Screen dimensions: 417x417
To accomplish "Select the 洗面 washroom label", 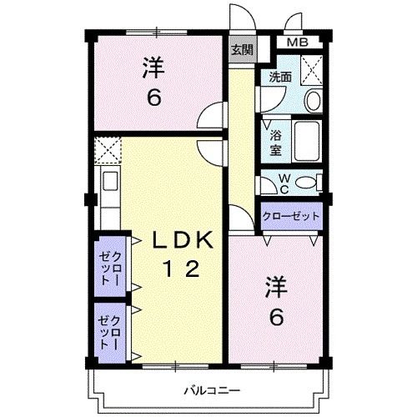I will click(x=279, y=77).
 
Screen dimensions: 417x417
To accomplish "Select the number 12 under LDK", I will click(x=181, y=269).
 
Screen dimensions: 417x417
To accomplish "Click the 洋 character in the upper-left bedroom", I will click(x=153, y=65).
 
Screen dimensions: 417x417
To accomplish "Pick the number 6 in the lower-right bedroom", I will click(x=275, y=318).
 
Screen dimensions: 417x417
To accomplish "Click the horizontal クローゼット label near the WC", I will click(x=291, y=216).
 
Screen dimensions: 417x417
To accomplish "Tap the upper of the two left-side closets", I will click(x=111, y=268).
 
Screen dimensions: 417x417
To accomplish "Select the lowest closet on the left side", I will click(x=111, y=333).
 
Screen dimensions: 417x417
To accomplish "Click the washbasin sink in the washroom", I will click(x=312, y=101).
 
